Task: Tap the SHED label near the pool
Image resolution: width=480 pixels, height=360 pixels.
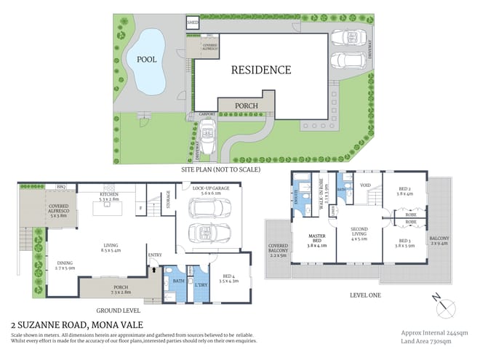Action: click(x=193, y=23)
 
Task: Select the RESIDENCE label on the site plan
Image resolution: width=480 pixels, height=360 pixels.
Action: click(x=261, y=71)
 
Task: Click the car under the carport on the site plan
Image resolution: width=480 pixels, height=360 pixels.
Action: click(x=208, y=136)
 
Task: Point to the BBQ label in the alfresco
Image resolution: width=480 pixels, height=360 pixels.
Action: click(x=61, y=187)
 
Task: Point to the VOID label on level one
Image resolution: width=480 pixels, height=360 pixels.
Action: click(x=366, y=185)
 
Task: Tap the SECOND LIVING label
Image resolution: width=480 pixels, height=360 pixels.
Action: click(x=357, y=236)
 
